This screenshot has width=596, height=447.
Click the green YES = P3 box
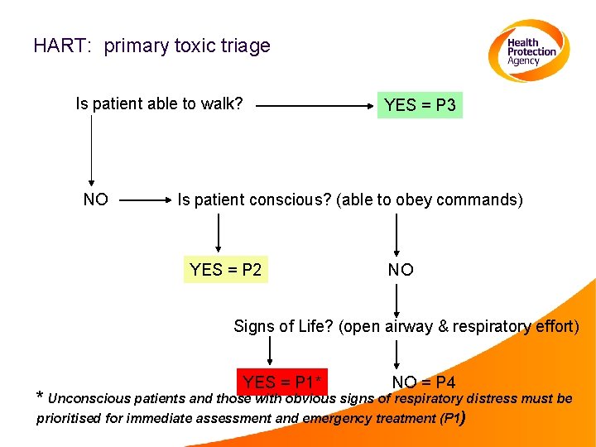(x=420, y=105)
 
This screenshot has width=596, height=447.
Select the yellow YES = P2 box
(x=226, y=269)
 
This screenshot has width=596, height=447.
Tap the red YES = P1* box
(x=282, y=382)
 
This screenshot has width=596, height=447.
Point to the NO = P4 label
(x=424, y=382)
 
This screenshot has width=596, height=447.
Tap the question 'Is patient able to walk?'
(x=159, y=103)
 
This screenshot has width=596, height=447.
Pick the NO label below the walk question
(x=95, y=199)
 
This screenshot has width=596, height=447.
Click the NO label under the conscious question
(x=401, y=269)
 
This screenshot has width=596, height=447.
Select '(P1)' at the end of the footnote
(x=454, y=417)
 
